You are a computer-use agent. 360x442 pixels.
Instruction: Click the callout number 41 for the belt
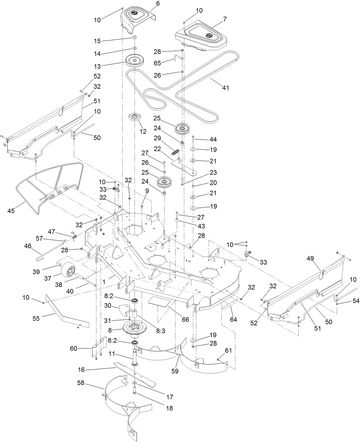point(226,88)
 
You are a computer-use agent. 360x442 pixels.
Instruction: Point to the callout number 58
point(81,383)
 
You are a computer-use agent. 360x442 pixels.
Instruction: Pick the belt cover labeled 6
point(138,18)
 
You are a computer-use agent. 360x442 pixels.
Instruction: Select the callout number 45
point(11,211)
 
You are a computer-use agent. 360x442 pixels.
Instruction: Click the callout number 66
point(185,319)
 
